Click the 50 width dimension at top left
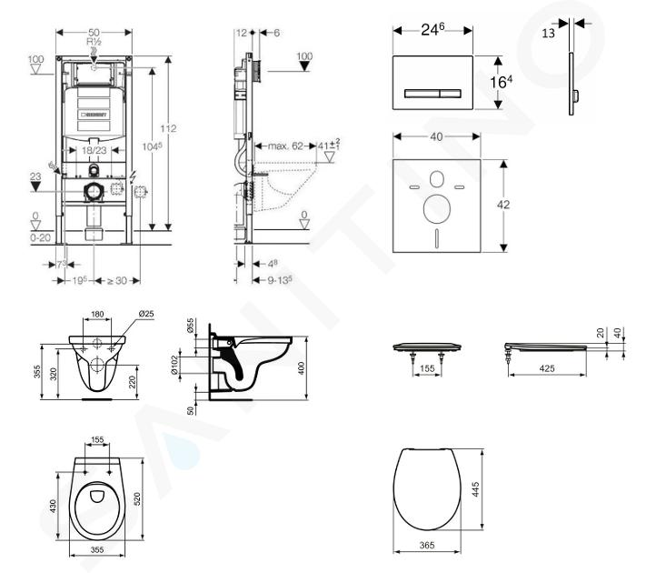pyautogui.click(x=94, y=32)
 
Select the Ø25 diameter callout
pyautogui.click(x=144, y=316)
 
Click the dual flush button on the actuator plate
pyautogui.click(x=433, y=93)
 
